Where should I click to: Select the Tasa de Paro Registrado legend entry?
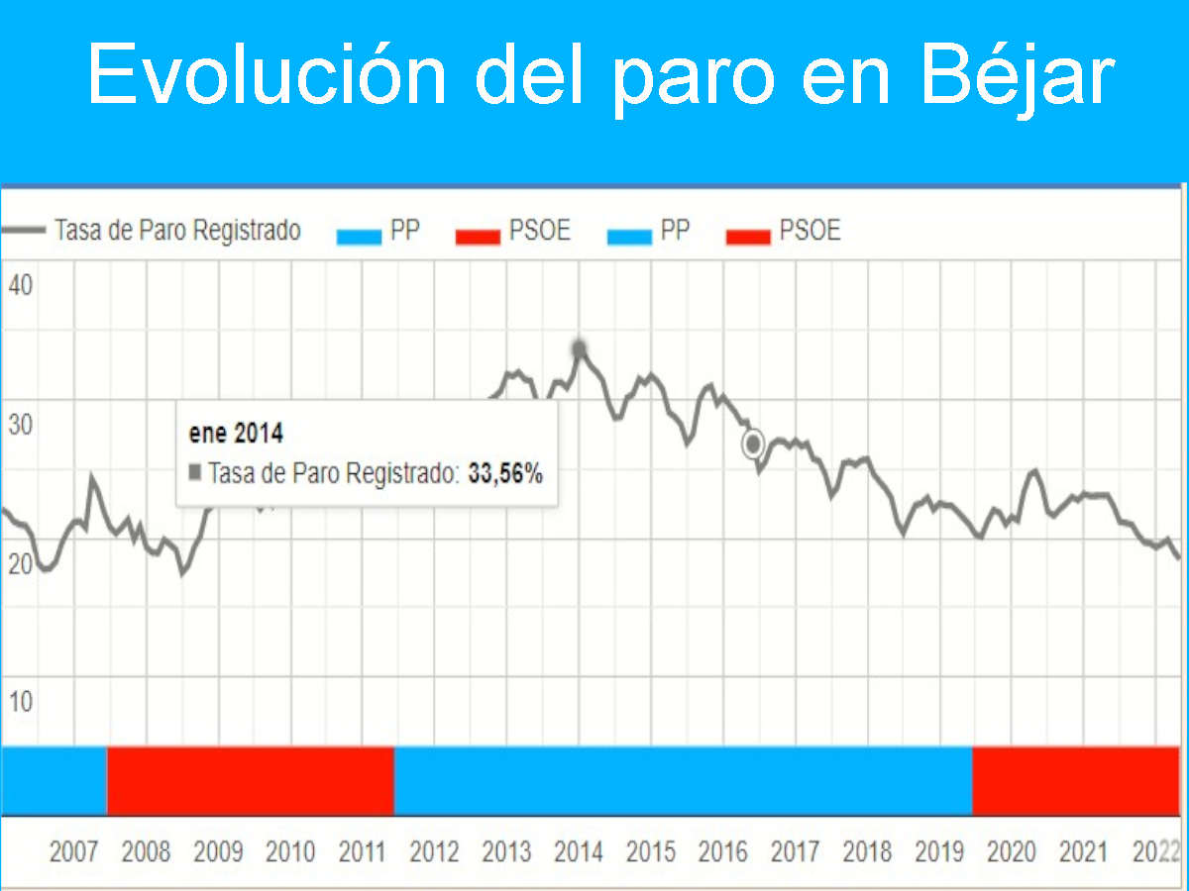[x=176, y=232]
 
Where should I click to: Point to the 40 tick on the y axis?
[x=21, y=287]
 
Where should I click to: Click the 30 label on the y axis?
[x=21, y=426]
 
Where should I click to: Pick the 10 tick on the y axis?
[x=21, y=702]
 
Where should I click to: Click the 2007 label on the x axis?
[x=74, y=851]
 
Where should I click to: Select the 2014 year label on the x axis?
[x=579, y=851]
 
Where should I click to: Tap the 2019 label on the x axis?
[x=938, y=851]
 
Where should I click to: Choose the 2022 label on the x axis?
[x=1155, y=851]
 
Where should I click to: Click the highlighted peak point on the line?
[x=580, y=348]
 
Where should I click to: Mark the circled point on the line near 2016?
[x=753, y=445]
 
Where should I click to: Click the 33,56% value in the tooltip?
[x=505, y=474]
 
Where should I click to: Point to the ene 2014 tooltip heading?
[x=236, y=434]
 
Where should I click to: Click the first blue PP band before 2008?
[x=54, y=781]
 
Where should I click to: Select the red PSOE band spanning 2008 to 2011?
[x=251, y=781]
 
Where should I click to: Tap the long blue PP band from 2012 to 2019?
[x=683, y=781]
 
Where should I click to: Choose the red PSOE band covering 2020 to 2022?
[x=1076, y=781]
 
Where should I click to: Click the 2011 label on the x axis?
[x=362, y=851]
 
